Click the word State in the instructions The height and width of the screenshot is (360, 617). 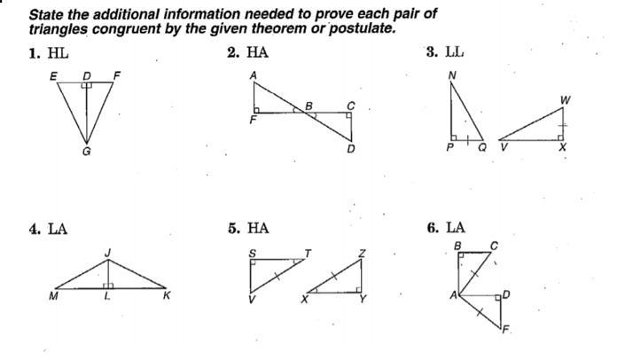click(46, 14)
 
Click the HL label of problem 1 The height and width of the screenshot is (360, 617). click(59, 53)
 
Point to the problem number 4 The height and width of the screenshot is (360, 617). click(33, 229)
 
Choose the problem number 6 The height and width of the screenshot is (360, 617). click(431, 228)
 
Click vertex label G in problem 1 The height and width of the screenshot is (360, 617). click(86, 152)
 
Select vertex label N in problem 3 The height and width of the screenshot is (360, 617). click(452, 76)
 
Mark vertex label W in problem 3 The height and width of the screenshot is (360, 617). click(566, 100)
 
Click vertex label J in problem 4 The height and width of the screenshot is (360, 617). click(107, 254)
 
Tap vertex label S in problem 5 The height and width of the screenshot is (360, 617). click(252, 253)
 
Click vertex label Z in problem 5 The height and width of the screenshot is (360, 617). click(362, 254)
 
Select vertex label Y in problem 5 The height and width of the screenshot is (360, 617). click(362, 299)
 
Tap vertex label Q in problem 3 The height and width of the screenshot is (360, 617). click(482, 149)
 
